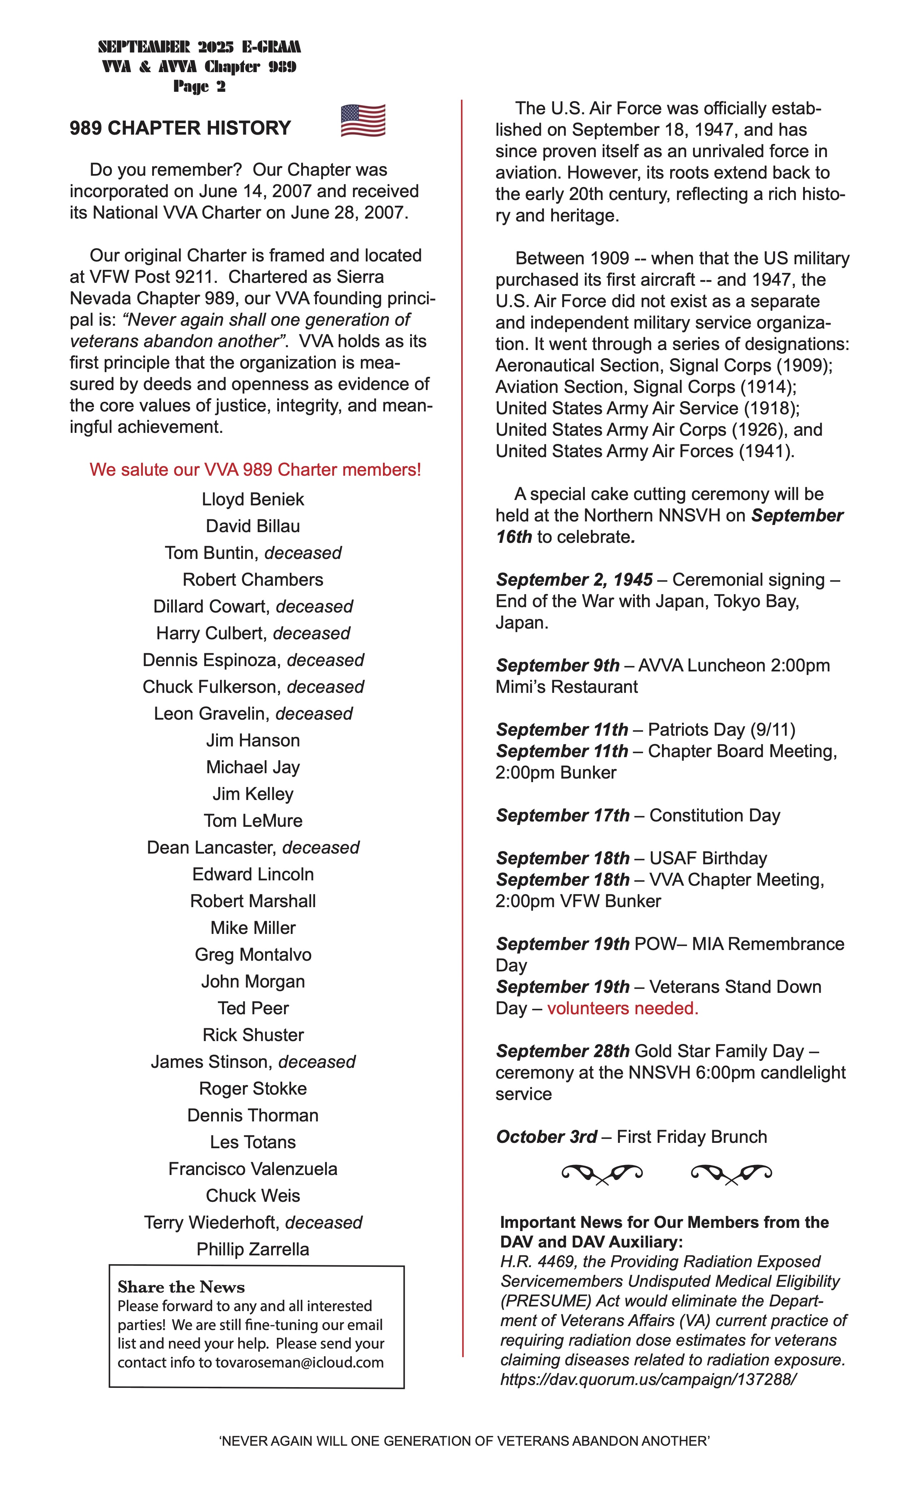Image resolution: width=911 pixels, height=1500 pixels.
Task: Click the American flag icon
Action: (x=363, y=121)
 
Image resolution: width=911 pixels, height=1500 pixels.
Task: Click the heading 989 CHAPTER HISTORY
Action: (x=180, y=128)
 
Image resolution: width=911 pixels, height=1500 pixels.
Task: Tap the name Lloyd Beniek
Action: (x=253, y=499)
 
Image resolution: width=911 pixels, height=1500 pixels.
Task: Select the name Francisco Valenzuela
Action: (x=253, y=1169)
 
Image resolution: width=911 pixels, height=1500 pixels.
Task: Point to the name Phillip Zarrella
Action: (x=253, y=1249)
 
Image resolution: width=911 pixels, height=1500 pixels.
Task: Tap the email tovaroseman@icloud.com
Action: (x=300, y=1362)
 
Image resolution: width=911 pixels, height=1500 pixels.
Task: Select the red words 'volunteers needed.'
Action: (x=622, y=1008)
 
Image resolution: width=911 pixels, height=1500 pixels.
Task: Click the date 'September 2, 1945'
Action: (x=574, y=580)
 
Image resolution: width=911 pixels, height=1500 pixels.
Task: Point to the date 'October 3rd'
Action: (x=546, y=1136)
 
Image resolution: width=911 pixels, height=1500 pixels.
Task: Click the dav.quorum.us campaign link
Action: (x=648, y=1379)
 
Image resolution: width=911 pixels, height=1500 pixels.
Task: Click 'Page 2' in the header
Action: (x=199, y=86)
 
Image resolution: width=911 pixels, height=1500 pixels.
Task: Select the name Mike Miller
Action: (x=253, y=928)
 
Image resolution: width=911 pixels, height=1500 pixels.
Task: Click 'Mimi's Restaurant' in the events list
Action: (x=566, y=687)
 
